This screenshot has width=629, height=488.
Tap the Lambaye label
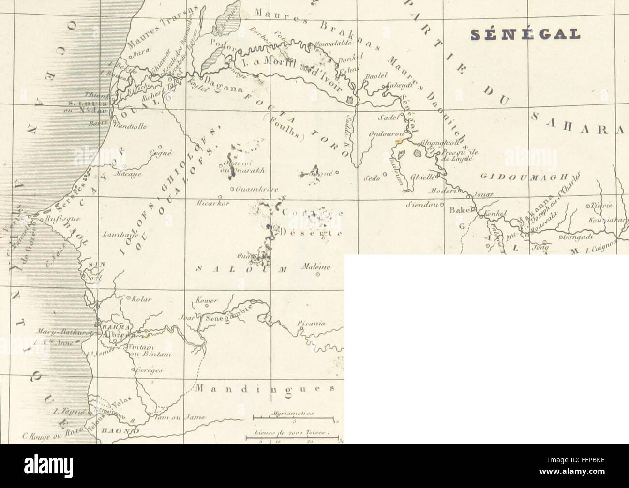[x=121, y=234]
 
